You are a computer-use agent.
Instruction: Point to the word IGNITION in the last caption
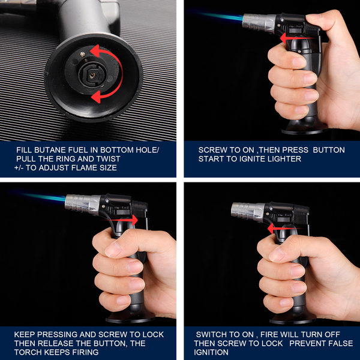[x=211, y=352]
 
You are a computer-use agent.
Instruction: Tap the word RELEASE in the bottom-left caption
[x=53, y=343]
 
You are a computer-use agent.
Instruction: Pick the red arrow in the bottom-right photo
[x=285, y=229]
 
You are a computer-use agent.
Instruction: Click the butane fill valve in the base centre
[x=92, y=74]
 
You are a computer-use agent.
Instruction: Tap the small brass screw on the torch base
[x=82, y=55]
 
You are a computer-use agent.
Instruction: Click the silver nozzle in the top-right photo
[x=259, y=23]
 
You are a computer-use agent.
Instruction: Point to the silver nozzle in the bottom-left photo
[x=83, y=205]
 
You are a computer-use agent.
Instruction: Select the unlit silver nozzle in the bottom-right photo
[x=248, y=212]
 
